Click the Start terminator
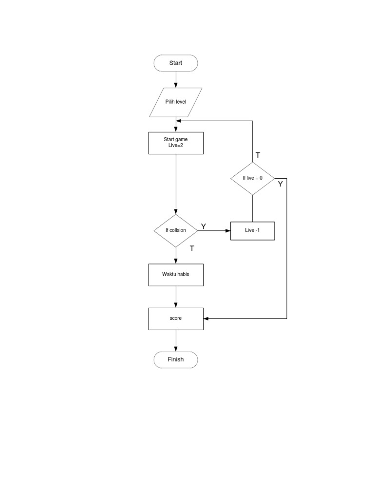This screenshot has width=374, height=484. click(175, 63)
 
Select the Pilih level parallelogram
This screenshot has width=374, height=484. click(175, 102)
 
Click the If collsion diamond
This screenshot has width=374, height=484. click(175, 230)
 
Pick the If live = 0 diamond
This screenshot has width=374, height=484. click(252, 178)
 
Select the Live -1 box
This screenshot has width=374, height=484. click(252, 230)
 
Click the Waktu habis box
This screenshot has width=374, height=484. click(175, 275)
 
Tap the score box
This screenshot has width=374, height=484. click(175, 318)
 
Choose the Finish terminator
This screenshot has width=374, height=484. click(175, 360)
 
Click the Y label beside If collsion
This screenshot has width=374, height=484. click(204, 227)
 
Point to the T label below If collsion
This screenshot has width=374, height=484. click(192, 248)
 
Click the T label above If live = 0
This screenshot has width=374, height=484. click(258, 155)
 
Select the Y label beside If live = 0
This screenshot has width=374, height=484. click(280, 184)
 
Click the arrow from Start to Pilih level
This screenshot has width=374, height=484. click(175, 79)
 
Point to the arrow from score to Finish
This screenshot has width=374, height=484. click(175, 340)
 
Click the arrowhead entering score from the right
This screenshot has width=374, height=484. click(206, 318)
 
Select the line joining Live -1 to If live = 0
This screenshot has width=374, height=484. click(252, 208)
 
